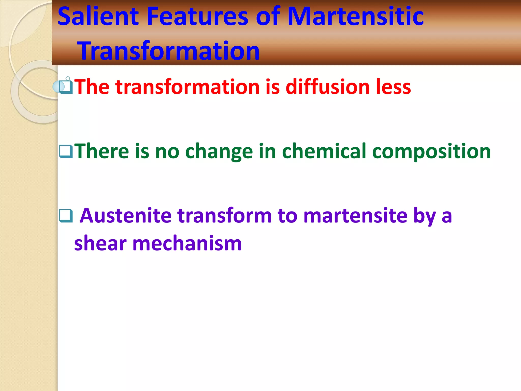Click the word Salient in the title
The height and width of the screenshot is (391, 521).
[x=98, y=17]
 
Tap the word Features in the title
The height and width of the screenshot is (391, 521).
[x=197, y=17]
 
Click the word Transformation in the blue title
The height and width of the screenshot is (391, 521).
[x=169, y=51]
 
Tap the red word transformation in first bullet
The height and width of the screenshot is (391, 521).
[x=187, y=87]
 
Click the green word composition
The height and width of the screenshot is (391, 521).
[x=431, y=152]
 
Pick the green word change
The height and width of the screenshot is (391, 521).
[x=219, y=152]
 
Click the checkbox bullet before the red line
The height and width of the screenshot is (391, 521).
[x=66, y=87]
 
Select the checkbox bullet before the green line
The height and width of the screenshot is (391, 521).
[x=66, y=151]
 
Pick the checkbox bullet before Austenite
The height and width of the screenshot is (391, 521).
[x=66, y=216]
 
